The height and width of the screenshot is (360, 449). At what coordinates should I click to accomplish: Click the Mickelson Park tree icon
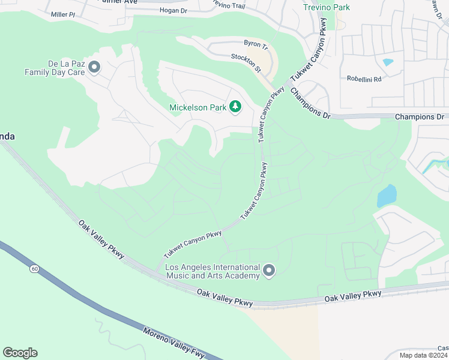click(236, 107)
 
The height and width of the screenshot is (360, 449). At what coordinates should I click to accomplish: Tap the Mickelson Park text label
click(197, 107)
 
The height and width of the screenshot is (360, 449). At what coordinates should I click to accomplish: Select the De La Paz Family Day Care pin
click(94, 67)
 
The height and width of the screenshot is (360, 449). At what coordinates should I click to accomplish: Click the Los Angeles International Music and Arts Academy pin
click(269, 271)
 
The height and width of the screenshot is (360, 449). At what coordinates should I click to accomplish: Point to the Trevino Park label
click(327, 7)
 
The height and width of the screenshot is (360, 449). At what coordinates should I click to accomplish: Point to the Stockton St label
click(246, 62)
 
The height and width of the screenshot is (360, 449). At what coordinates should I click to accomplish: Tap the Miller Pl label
click(63, 14)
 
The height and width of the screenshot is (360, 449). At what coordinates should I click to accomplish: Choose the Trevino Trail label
click(229, 5)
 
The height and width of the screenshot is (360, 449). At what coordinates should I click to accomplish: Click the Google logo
click(20, 353)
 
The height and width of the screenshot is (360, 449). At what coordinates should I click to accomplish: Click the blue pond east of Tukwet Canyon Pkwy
click(387, 196)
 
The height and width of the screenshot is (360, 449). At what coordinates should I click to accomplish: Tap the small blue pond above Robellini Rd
click(388, 62)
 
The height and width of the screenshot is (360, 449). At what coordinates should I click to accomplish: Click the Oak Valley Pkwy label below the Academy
click(226, 299)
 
